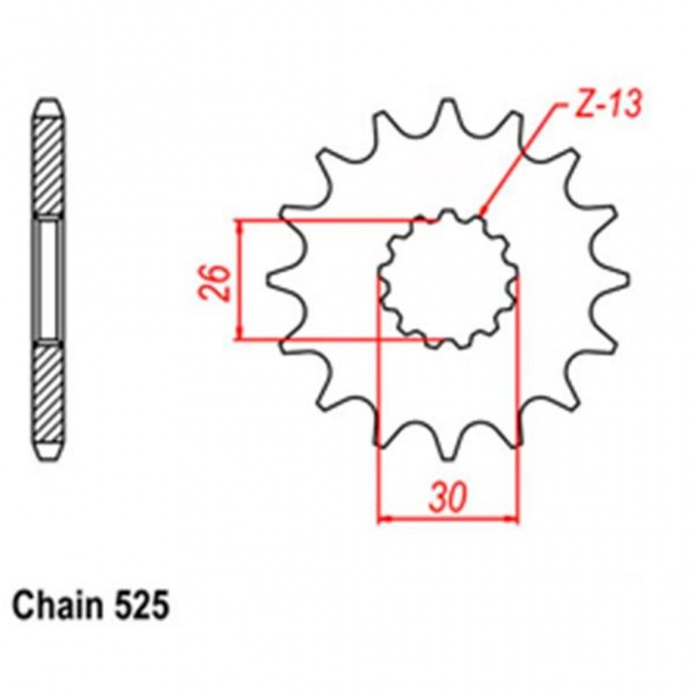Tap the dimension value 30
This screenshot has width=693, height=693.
click(449, 501)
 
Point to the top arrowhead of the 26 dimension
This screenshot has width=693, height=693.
click(240, 225)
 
